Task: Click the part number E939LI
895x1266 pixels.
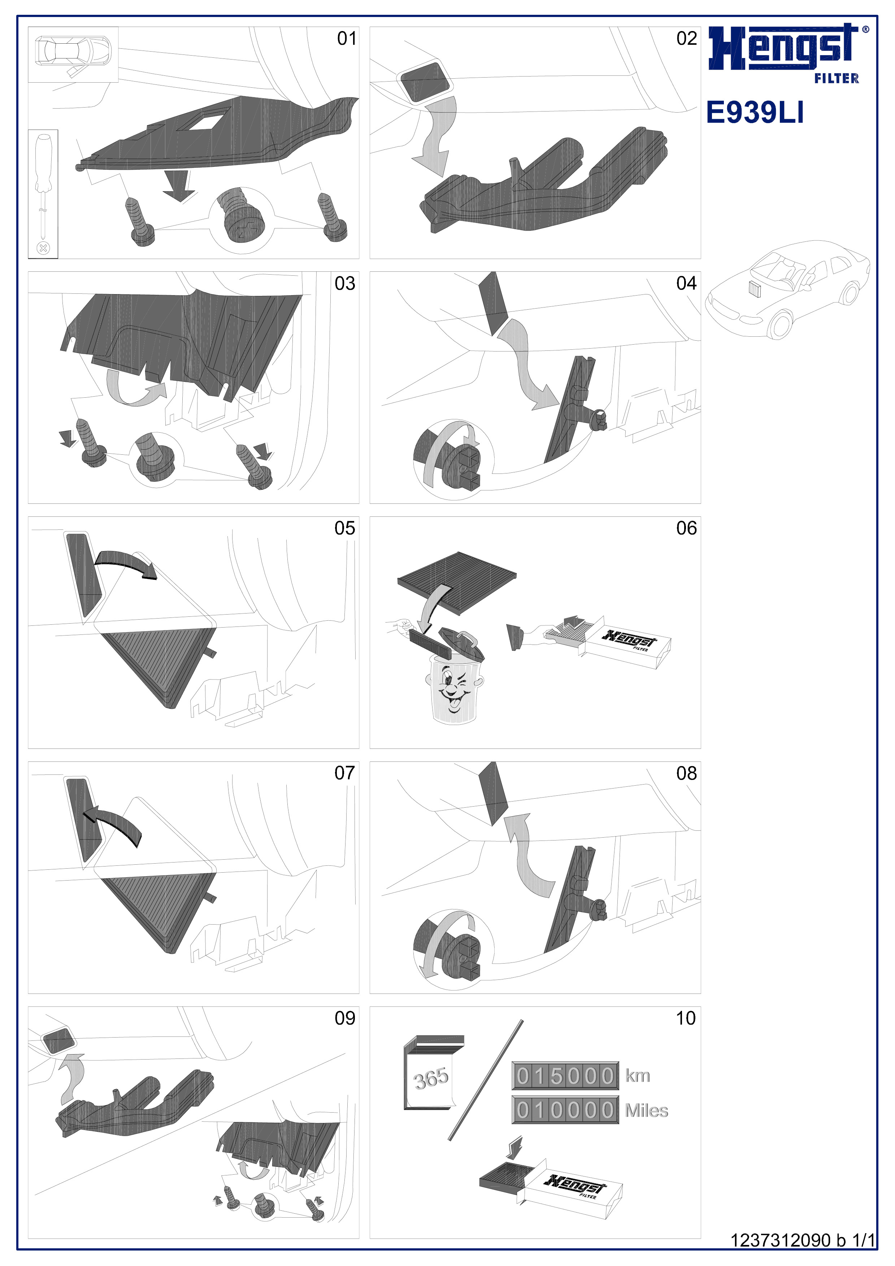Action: point(755,113)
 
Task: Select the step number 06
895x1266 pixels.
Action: point(687,528)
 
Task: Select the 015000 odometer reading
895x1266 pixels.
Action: point(565,1076)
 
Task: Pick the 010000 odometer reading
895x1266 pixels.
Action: point(565,1110)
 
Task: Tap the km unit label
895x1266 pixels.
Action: point(638,1076)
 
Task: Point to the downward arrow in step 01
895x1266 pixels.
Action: point(179,186)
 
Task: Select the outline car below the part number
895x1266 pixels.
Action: point(788,289)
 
